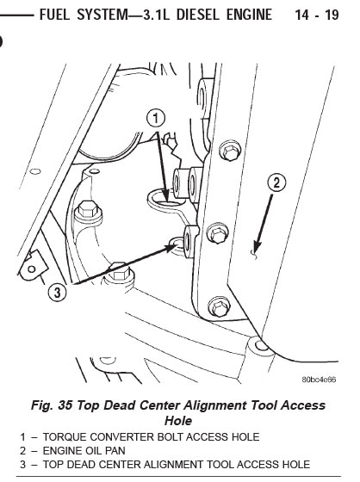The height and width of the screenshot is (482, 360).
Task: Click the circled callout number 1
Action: pos(156,119)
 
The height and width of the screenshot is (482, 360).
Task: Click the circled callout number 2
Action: pos(276,183)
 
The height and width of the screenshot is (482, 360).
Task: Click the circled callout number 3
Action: pos(58,293)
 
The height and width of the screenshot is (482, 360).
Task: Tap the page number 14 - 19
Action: pos(317,15)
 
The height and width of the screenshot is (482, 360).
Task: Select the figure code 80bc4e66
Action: pos(319,380)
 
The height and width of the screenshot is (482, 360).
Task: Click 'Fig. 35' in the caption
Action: pos(52,405)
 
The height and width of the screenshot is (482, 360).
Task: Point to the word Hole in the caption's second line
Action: pos(178,421)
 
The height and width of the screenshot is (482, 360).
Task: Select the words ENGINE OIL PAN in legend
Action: pos(84,451)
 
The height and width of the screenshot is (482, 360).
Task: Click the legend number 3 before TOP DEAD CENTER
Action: pos(22,464)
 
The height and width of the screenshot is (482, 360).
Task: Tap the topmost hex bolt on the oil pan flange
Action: pos(230,151)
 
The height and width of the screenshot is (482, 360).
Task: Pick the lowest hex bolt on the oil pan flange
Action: pos(219,306)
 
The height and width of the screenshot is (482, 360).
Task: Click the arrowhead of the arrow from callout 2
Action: pos(257,246)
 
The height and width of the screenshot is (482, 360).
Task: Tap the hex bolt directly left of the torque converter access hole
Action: pos(89,212)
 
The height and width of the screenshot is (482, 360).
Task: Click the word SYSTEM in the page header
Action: pos(102,15)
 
